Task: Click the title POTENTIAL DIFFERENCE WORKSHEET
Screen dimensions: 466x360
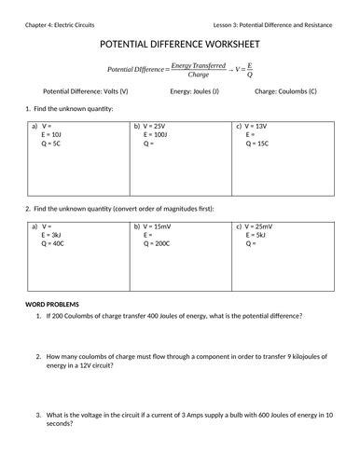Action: pos(179,44)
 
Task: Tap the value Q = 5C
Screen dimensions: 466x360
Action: pos(51,144)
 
